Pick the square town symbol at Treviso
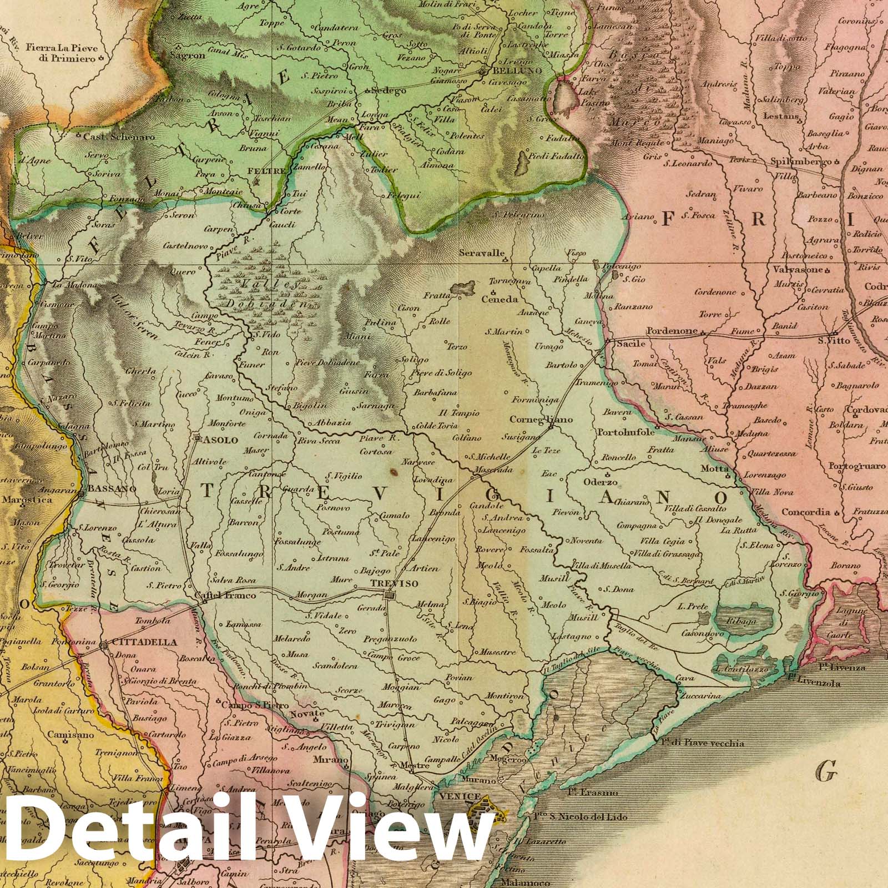click(x=391, y=596)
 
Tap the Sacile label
click(x=628, y=344)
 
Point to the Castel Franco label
click(x=225, y=596)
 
